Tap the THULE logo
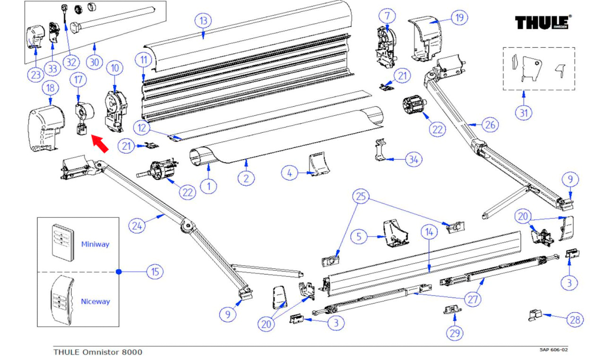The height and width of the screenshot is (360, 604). coord(542,22)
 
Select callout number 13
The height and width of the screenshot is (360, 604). coord(203,21)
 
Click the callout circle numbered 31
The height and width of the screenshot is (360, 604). coord(524,113)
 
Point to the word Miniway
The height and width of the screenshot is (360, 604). coord(95,244)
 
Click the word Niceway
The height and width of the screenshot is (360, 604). coord(95,301)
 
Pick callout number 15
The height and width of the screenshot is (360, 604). coord(155,272)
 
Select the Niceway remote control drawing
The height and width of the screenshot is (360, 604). coord(62,300)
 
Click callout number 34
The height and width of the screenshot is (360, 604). coord(413,160)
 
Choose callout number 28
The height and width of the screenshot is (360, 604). coord(575,320)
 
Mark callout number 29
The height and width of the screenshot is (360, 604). coord(455,333)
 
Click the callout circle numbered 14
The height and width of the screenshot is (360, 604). coord(429,232)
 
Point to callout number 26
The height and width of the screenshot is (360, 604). coord(491,125)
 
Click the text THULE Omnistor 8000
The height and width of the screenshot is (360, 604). coord(98,352)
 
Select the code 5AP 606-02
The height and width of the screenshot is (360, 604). coord(553,350)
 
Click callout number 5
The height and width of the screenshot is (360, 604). coord(359,236)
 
